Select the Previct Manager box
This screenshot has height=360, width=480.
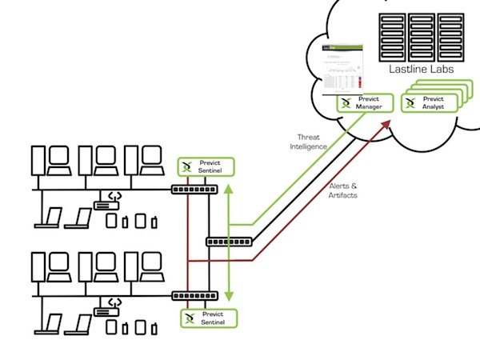pyautogui.click(x=365, y=104)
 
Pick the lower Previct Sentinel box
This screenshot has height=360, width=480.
pyautogui.click(x=206, y=318)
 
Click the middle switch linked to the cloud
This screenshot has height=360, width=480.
pyautogui.click(x=230, y=241)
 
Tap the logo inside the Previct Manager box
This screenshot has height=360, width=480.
pyautogui.click(x=346, y=104)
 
